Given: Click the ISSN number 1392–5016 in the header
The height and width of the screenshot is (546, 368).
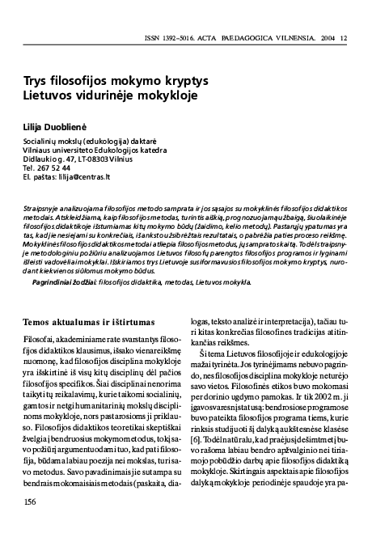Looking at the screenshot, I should click(212, 15).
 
